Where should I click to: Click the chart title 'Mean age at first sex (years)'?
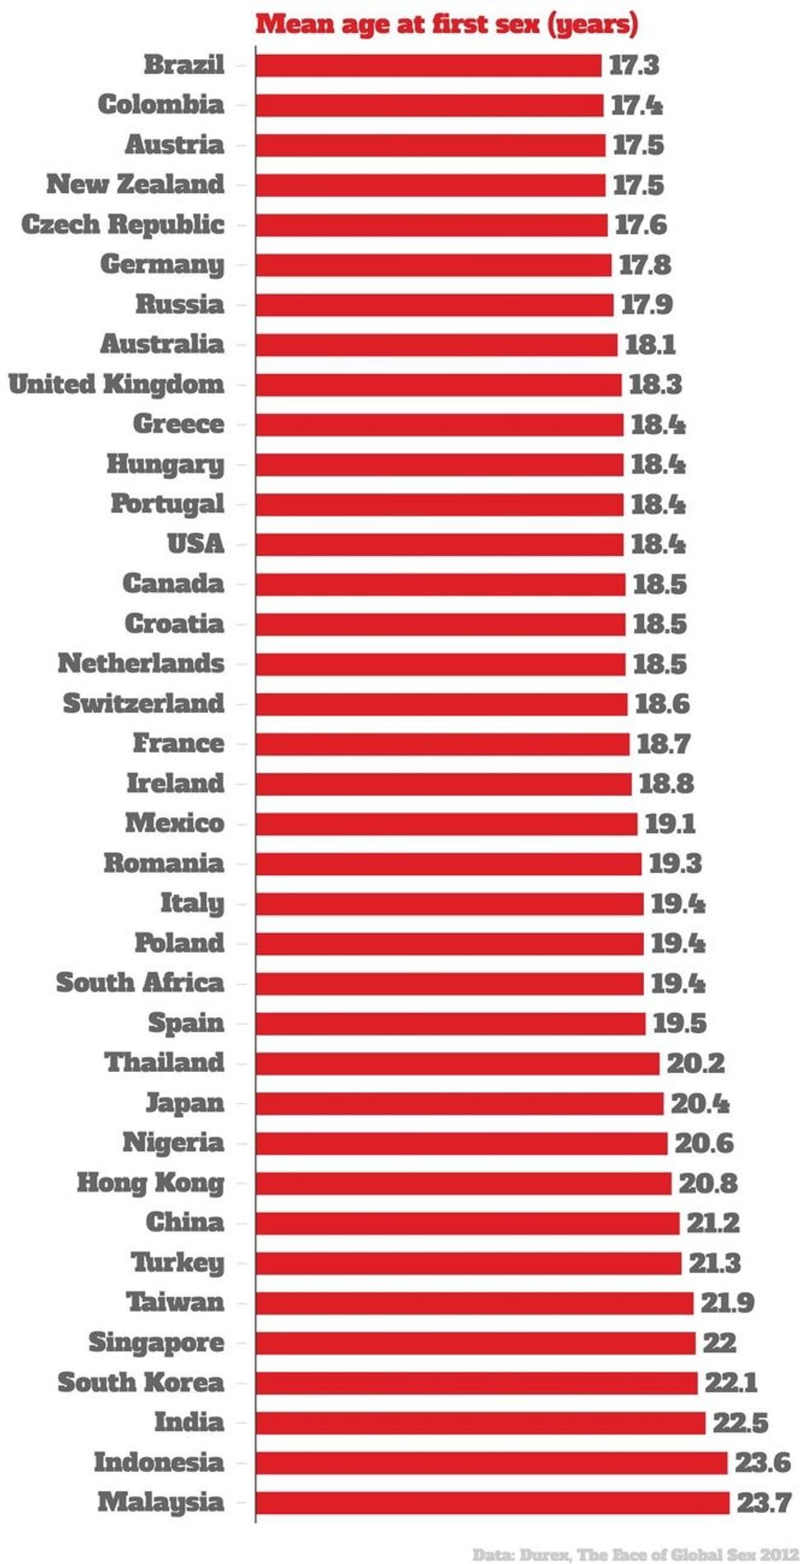click(x=446, y=24)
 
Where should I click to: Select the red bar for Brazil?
click(x=428, y=65)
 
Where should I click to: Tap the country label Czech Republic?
click(x=122, y=224)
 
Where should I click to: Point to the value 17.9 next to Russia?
click(x=646, y=305)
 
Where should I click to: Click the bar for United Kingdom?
click(x=438, y=384)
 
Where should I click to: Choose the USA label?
click(x=195, y=544)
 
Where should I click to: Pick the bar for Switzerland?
click(x=441, y=704)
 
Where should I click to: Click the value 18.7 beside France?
click(x=664, y=744)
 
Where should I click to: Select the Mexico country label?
click(x=174, y=823)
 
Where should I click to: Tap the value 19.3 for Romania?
click(x=675, y=863)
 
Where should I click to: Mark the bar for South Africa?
click(x=449, y=983)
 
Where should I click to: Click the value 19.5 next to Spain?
click(x=679, y=1023)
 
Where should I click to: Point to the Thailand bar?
click(x=457, y=1063)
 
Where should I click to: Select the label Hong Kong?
click(x=150, y=1183)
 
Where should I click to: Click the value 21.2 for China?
click(x=713, y=1223)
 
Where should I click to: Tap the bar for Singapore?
click(x=475, y=1343)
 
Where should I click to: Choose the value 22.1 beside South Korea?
click(x=731, y=1382)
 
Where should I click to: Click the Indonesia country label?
click(x=159, y=1462)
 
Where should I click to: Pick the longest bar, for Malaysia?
click(x=492, y=1502)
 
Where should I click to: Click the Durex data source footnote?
click(x=634, y=1553)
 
